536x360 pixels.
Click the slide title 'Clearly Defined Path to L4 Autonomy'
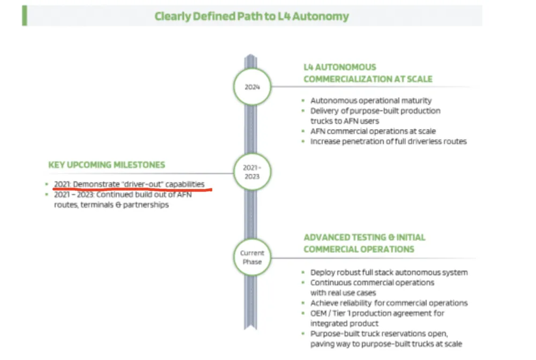coord(251,16)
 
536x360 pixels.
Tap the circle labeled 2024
coord(252,86)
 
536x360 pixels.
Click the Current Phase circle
coord(252,257)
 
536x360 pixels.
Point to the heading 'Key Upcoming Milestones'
coord(107,165)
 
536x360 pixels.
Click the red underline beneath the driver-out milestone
coord(132,189)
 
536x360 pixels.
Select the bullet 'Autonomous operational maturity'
coord(370,100)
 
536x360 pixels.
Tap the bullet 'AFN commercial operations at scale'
coord(373,131)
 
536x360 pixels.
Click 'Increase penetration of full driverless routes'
coord(388,141)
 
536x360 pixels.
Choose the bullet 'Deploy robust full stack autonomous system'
coord(389,272)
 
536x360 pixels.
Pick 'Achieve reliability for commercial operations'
coord(389,303)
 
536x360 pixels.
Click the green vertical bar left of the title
coord(24,16)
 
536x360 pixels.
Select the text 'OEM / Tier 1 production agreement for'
coord(377,313)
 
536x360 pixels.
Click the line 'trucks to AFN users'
coord(344,121)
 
